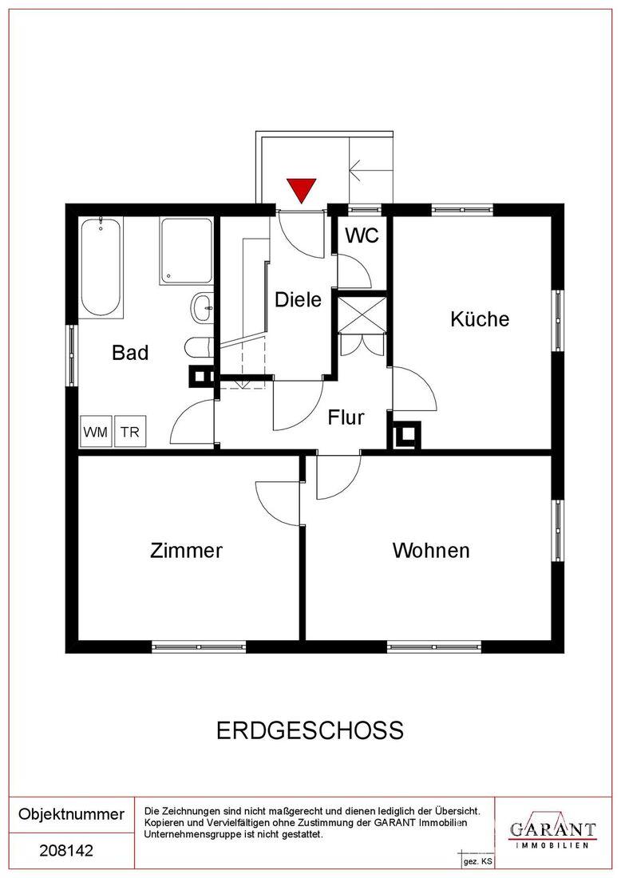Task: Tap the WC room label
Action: click(362, 235)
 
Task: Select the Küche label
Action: click(480, 319)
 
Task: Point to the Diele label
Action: click(298, 299)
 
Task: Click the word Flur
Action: click(346, 417)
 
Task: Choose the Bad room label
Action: click(130, 353)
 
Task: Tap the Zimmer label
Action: click(186, 551)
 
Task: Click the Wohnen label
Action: click(431, 551)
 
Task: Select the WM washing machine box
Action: click(95, 431)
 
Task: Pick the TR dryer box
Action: click(130, 431)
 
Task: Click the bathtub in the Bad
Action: click(101, 267)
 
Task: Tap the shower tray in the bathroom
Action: click(186, 251)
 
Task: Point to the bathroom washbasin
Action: click(202, 307)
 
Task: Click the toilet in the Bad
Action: click(198, 347)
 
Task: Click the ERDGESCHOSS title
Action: click(310, 730)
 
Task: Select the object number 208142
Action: click(66, 851)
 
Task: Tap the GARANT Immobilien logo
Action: click(552, 831)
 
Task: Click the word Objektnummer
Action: click(72, 813)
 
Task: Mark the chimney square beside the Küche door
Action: click(406, 435)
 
